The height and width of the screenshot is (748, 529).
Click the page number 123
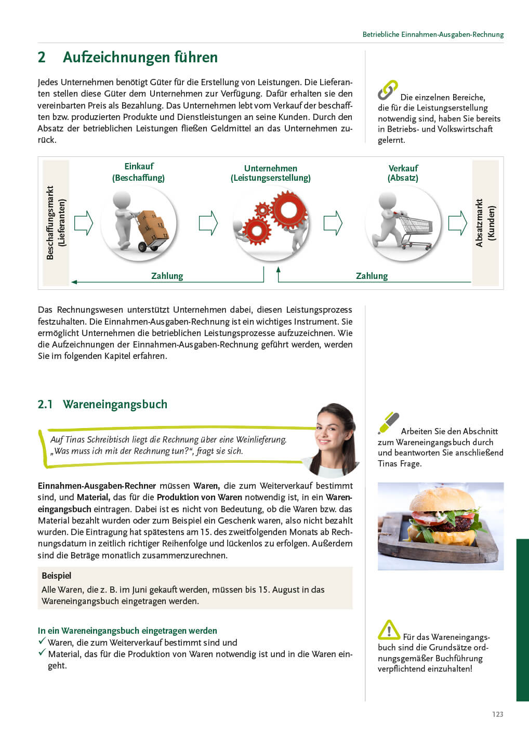pos(497,714)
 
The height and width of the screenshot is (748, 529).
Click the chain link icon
pos(388,90)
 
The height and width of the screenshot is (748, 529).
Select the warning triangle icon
pos(389,630)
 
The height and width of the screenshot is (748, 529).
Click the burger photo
pos(440,526)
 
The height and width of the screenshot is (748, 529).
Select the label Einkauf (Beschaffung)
pos(138,172)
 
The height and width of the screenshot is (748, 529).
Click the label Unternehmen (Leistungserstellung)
pos(270,173)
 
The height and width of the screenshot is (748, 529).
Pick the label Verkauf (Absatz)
pos(403,173)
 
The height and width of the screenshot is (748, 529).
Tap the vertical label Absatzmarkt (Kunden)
pos(485,223)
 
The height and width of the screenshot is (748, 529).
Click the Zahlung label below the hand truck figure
pos(167,276)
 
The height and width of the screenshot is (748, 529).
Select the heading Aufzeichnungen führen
pos(140,57)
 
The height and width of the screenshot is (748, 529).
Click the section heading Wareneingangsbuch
pos(115,404)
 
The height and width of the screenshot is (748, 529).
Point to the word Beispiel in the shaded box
pos(56,576)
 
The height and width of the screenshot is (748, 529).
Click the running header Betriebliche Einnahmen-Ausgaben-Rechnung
pos(433,34)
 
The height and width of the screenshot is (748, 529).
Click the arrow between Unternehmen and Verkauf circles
pos(333,223)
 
